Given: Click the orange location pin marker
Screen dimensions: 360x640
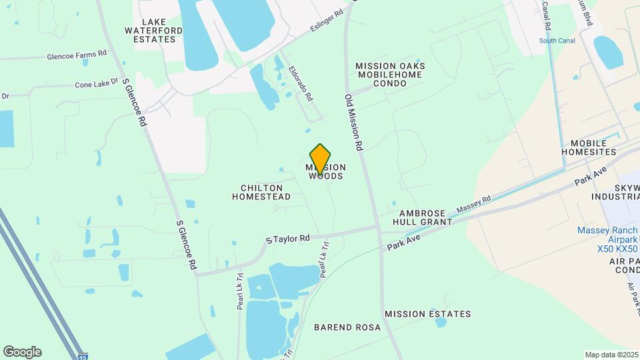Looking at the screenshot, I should (x=320, y=159).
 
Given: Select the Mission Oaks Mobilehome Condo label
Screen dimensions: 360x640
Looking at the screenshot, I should (x=390, y=75).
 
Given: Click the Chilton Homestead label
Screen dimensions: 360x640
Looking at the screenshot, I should (x=261, y=193).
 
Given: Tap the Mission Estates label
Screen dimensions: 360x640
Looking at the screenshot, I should (x=427, y=314).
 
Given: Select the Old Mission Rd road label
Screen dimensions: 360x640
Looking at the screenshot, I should (x=353, y=122).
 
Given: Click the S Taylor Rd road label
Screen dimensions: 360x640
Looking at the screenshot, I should (x=288, y=238).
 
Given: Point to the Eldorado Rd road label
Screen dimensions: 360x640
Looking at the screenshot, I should (x=301, y=83).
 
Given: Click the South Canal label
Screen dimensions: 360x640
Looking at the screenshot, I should (x=557, y=41).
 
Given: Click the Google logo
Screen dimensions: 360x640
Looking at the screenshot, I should (x=22, y=352).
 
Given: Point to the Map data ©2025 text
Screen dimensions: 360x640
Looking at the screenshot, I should (x=611, y=355).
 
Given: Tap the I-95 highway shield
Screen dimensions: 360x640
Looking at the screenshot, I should (x=81, y=358).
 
